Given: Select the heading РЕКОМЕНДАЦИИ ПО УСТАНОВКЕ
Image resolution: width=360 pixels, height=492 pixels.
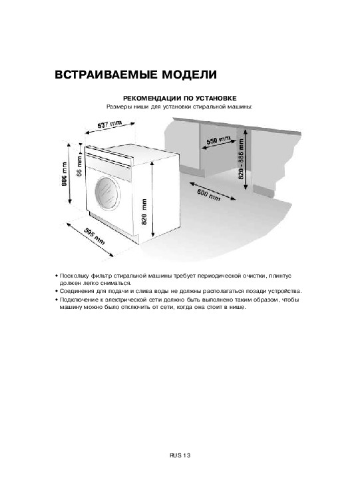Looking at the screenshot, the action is [x=180, y=99].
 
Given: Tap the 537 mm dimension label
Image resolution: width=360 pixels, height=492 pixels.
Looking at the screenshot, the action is [x=109, y=124].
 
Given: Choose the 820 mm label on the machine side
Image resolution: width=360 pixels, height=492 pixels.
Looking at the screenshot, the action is [x=144, y=212].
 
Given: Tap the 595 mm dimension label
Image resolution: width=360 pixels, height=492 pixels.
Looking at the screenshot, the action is [x=94, y=236].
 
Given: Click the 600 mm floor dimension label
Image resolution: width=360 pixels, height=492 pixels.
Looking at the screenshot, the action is [x=208, y=195].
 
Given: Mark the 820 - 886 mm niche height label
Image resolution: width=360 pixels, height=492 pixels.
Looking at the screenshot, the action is [x=241, y=158].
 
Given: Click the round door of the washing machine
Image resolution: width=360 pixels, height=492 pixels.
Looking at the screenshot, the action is [x=107, y=193].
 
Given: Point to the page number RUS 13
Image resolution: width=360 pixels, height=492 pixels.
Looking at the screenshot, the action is [x=180, y=455].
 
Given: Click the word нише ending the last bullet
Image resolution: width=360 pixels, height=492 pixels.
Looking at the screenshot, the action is [x=238, y=307].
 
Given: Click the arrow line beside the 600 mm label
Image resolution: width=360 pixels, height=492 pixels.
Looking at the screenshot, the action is [x=213, y=190].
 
